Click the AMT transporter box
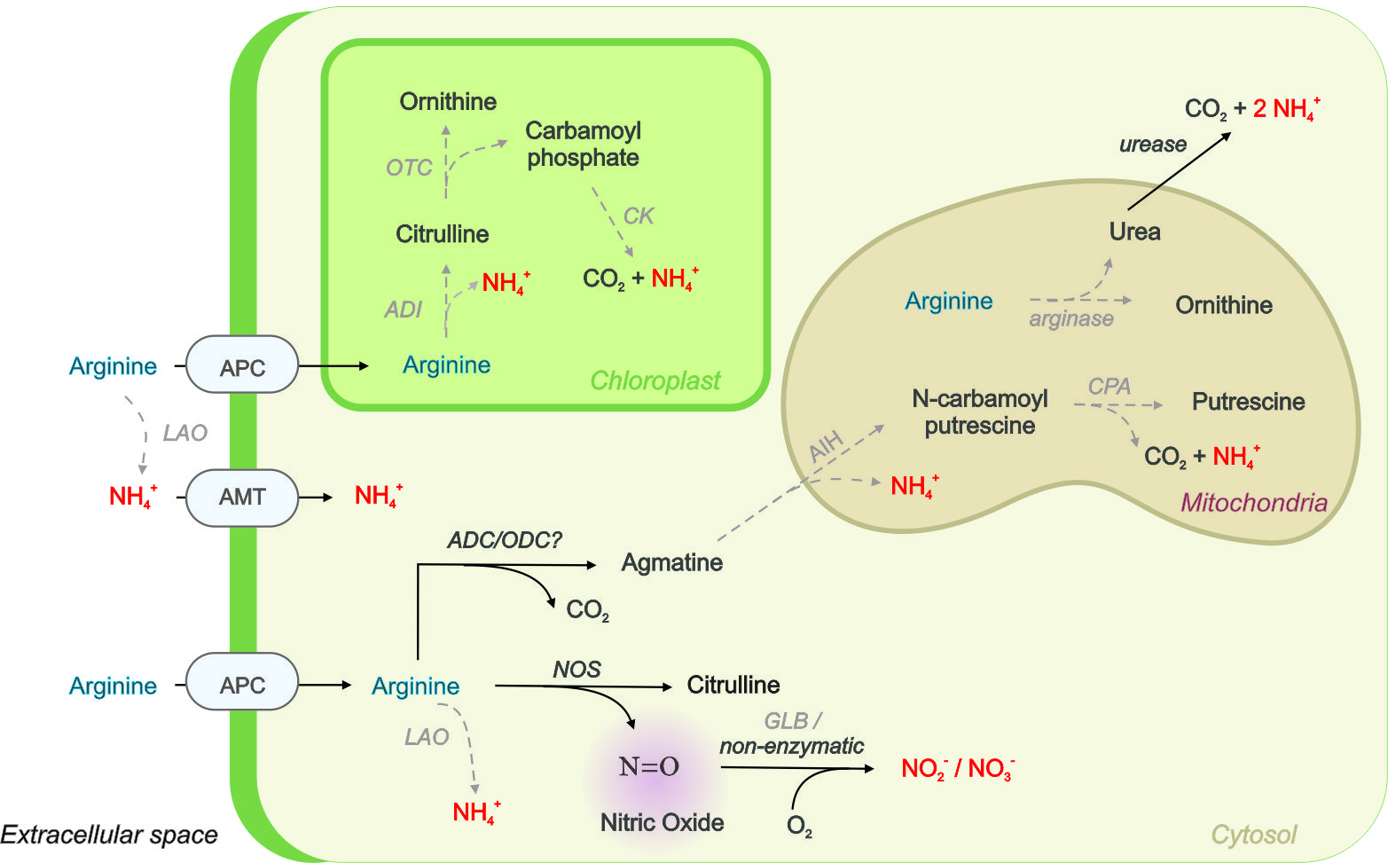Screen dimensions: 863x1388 (241, 498)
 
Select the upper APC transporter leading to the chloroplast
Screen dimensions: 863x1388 (241, 365)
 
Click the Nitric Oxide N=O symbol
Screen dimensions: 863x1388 (649, 766)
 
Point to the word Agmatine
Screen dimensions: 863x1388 (671, 562)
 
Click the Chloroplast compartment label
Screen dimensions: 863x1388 (655, 381)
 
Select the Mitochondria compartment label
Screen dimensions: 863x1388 (1253, 503)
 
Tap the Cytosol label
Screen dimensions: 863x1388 (1253, 835)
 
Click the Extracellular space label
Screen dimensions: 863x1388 (109, 835)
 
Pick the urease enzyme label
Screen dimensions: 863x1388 (1152, 145)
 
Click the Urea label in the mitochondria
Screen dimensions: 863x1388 (1134, 231)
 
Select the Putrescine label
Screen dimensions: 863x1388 (1248, 402)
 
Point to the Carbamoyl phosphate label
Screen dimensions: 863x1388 (583, 144)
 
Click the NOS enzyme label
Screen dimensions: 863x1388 (576, 670)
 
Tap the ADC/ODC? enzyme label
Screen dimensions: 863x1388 (504, 540)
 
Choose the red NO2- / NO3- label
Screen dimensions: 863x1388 (958, 768)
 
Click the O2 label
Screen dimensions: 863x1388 (799, 827)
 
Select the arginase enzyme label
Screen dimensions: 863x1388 (1070, 319)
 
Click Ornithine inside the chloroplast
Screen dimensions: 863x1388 (448, 102)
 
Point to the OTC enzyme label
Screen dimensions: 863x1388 (409, 168)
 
